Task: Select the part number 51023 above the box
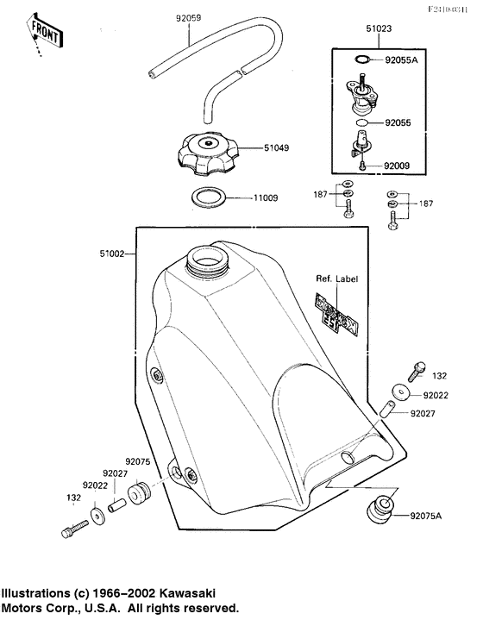click(379, 28)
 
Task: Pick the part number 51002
click(114, 254)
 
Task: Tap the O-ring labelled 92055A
click(364, 60)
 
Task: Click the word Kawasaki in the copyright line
click(187, 594)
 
